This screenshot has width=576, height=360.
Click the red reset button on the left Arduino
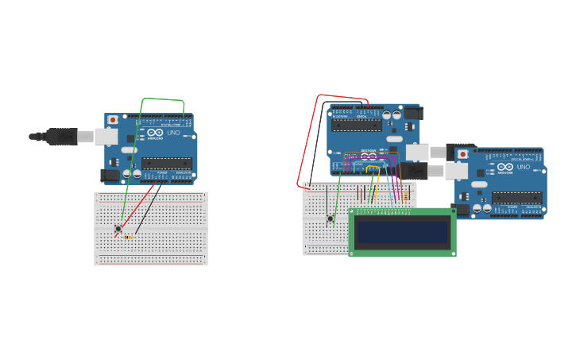pyautogui.click(x=113, y=120)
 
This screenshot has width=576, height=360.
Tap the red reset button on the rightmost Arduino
pyautogui.click(x=462, y=154)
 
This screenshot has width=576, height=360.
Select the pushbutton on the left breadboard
pyautogui.click(x=118, y=229)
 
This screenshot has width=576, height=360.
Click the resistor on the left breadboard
pyautogui.click(x=128, y=237)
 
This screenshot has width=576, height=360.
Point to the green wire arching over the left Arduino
pyautogui.click(x=163, y=100)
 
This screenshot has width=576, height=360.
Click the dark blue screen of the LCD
pyautogui.click(x=402, y=232)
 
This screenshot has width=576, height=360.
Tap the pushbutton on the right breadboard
pyautogui.click(x=331, y=219)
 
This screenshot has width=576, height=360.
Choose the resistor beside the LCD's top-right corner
pyautogui.click(x=406, y=196)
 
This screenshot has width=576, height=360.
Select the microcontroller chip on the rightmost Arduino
pyautogui.click(x=516, y=198)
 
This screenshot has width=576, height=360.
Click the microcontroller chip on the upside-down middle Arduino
pyautogui.click(x=356, y=125)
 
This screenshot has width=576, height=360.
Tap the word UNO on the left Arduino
pyautogui.click(x=173, y=133)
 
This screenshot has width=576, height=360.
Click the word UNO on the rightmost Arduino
pyautogui.click(x=524, y=167)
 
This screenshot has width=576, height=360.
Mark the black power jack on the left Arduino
pyautogui.click(x=110, y=175)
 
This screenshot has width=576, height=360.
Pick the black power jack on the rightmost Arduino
pyautogui.click(x=460, y=209)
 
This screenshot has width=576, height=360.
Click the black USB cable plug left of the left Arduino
pyautogui.click(x=60, y=137)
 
